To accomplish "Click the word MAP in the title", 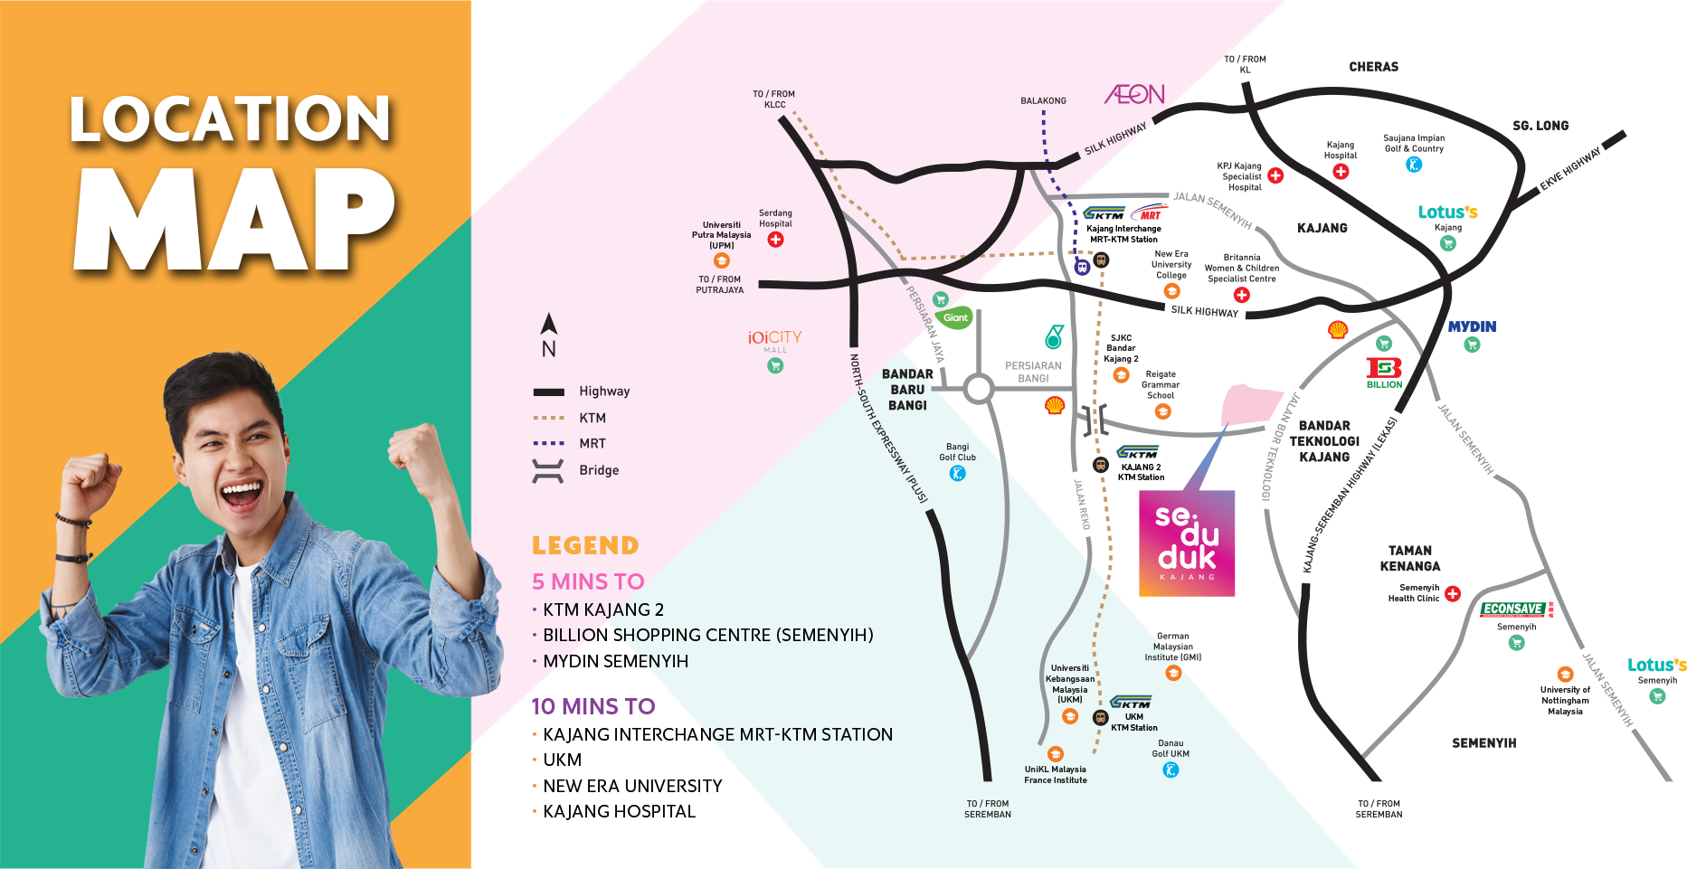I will point(233,219).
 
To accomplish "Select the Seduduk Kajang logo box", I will point(1186,543).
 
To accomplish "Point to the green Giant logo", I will point(955,317).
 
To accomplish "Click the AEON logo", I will point(1134,94).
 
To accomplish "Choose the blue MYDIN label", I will point(1472,326).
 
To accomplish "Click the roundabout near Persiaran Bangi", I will point(978,389).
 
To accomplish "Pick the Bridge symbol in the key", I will point(548,470).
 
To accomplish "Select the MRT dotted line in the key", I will point(548,443).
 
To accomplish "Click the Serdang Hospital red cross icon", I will point(775,240).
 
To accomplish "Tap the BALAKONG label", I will point(1043,100).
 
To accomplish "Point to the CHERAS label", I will point(1373,67).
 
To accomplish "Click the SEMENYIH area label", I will point(1483,743).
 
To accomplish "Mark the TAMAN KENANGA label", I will point(1409,558).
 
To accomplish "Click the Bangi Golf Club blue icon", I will point(957,473).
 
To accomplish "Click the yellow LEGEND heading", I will point(585,545).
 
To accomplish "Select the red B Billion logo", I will point(1383,369).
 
